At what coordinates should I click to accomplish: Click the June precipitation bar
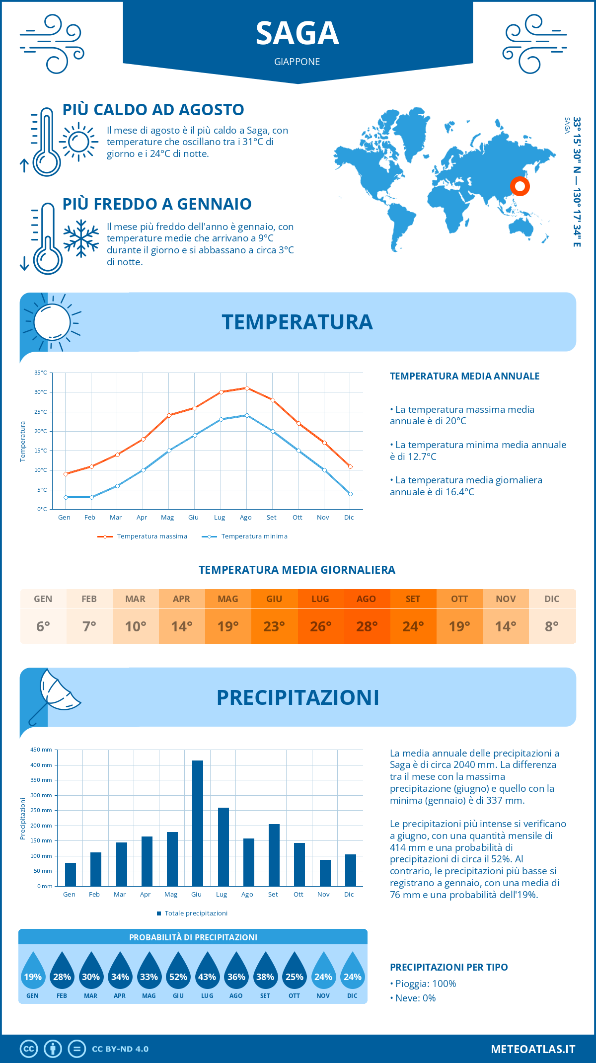click(x=197, y=823)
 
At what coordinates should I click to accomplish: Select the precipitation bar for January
click(x=71, y=874)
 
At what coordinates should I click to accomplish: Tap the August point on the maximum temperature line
click(x=247, y=388)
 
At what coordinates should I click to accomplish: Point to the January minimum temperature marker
click(x=66, y=497)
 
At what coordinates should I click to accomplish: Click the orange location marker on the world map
click(x=520, y=186)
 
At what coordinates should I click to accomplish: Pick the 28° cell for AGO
click(x=367, y=626)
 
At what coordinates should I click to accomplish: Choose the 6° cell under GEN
click(x=43, y=626)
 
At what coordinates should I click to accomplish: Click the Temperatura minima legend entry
click(x=245, y=536)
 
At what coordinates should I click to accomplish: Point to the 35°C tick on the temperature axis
click(x=41, y=373)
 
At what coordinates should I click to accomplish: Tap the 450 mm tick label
click(x=41, y=750)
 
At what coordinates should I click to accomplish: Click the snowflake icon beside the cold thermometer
click(x=81, y=238)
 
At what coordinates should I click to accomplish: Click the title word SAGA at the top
click(x=297, y=34)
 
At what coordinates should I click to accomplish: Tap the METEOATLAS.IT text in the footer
click(x=532, y=1049)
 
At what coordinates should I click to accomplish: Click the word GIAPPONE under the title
click(x=297, y=62)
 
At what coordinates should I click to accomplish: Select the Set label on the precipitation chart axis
click(x=273, y=894)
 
